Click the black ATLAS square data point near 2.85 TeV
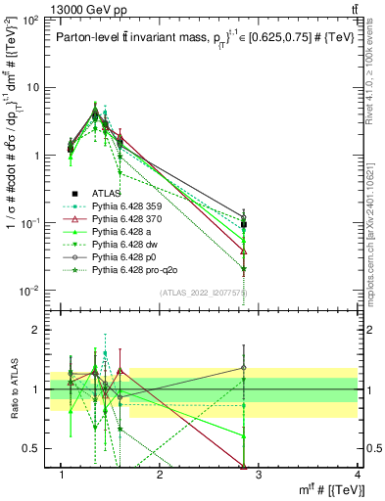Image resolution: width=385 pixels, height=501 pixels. click(243, 224)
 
